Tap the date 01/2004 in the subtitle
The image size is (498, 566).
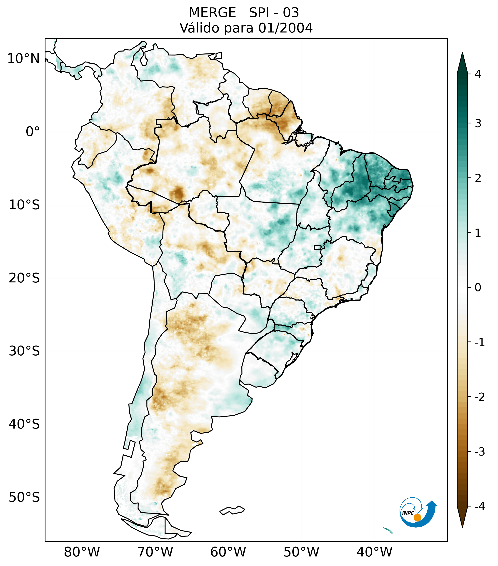coord(285,28)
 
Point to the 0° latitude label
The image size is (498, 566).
coord(33,132)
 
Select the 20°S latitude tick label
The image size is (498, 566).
coord(24,278)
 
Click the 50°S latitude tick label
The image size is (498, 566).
coord(24,498)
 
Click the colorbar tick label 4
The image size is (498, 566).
coord(478,74)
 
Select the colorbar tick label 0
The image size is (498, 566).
coord(478,288)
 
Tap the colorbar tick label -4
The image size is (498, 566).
coord(479,506)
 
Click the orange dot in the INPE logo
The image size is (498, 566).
coord(417,517)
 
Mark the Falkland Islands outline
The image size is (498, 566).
coord(232,510)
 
